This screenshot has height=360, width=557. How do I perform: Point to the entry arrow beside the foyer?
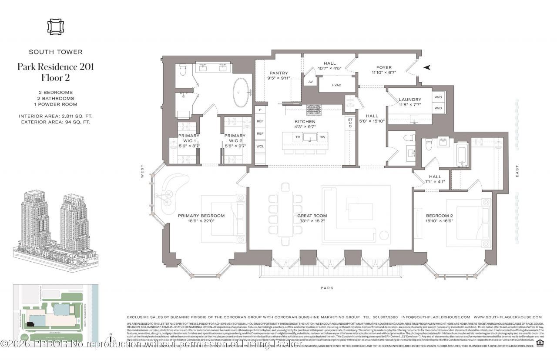427,67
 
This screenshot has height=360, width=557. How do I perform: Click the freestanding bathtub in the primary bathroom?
242,93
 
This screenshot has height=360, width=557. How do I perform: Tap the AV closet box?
310,82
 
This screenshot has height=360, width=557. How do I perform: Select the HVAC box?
336,85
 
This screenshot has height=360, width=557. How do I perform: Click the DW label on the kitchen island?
322,137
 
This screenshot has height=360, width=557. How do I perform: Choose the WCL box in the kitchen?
260,147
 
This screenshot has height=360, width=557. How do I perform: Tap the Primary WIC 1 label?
189,138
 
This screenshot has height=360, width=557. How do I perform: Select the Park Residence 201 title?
55,67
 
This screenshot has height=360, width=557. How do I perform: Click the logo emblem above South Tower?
55,26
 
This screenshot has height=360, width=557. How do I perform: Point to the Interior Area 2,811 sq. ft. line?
55,116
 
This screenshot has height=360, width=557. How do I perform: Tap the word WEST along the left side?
142,174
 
